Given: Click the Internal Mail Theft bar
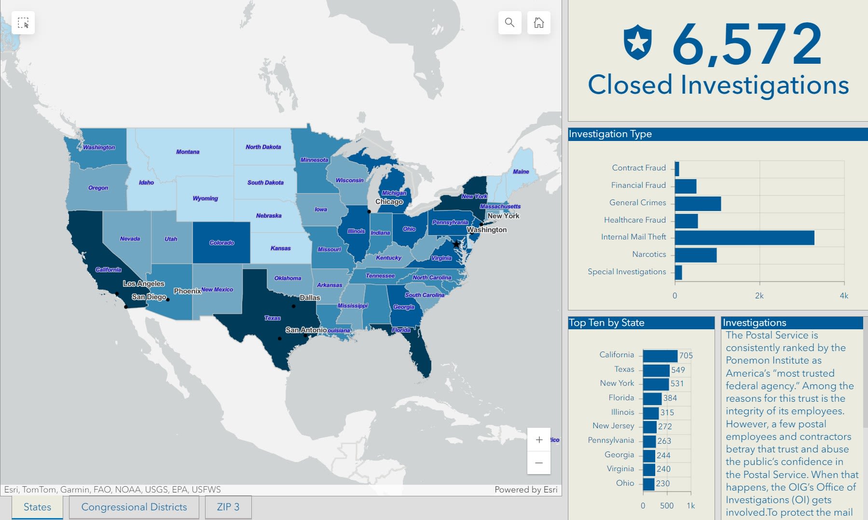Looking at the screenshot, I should pos(744,238).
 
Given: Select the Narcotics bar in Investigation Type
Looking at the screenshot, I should pos(695,255).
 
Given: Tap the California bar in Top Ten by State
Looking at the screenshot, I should pos(660,356).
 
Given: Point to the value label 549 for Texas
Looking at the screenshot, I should pos(678,370).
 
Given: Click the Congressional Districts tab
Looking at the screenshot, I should pos(134,507).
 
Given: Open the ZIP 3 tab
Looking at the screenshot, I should pos(228,507).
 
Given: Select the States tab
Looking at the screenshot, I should pos(37,507).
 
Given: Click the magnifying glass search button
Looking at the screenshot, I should pos(510,23).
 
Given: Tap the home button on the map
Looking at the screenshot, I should pos(538,23).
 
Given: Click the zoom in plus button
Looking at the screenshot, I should pos(539,440).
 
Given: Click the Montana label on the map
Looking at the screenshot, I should pos(188,152).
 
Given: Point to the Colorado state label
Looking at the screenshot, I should pos(221,243).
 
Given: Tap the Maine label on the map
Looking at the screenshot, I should pos(521,171).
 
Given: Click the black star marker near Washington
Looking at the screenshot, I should pos(456,244).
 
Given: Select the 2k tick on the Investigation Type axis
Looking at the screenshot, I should pos(759,295).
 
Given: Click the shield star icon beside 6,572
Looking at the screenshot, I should pos(637,42).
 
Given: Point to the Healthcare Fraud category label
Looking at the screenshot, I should pos(634,220).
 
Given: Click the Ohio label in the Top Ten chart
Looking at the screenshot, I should pos(625,483).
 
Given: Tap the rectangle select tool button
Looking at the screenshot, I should pos(23,23).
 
